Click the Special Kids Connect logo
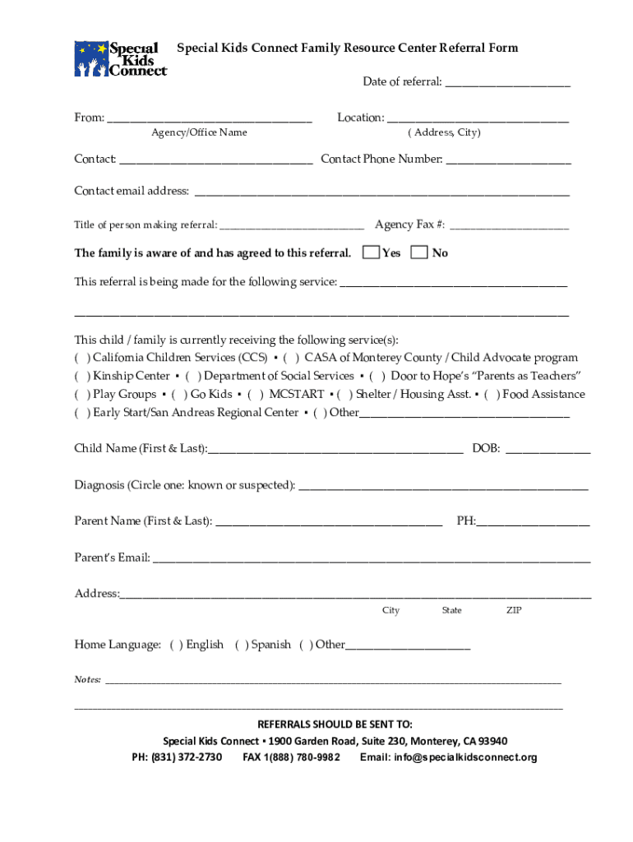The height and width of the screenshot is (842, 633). point(120,59)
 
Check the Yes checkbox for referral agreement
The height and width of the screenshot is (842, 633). point(371,252)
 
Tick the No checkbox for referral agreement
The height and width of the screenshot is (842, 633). point(419,252)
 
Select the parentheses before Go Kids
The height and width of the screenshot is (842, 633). point(179,394)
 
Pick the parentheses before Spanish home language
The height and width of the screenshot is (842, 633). point(242,645)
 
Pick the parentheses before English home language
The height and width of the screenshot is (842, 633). point(176,645)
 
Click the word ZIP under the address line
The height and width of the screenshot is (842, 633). point(514,610)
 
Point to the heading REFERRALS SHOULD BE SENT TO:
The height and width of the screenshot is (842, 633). point(335,724)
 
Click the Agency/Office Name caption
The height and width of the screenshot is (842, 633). point(199,132)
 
